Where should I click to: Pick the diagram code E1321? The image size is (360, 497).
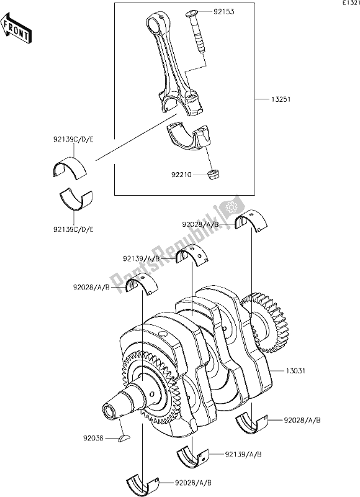tap(348, 4)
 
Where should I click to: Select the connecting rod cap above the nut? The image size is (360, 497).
tap(190, 138)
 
